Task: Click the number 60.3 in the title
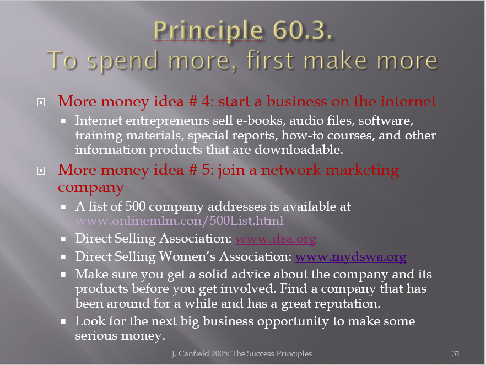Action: [302, 30]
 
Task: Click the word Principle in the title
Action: [209, 31]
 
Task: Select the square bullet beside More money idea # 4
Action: [41, 102]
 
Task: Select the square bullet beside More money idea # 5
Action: [41, 170]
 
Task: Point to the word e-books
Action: [261, 120]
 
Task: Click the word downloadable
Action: [299, 150]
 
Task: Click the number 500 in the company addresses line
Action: [135, 207]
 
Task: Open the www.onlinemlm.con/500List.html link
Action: [180, 221]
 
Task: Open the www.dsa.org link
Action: [276, 239]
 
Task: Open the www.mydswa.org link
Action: [351, 257]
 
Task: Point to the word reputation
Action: [347, 304]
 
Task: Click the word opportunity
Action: [293, 322]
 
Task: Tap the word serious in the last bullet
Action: [96, 336]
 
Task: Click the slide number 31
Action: [456, 353]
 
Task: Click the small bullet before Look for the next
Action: [63, 321]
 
